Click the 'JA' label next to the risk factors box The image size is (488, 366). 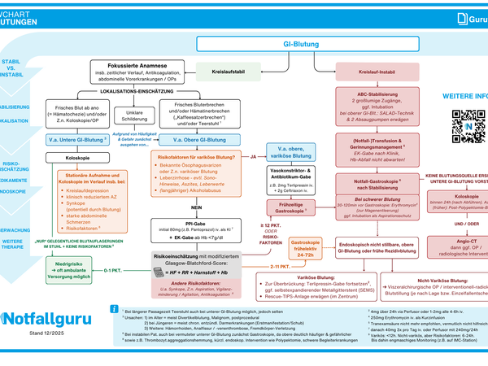(253, 155)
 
